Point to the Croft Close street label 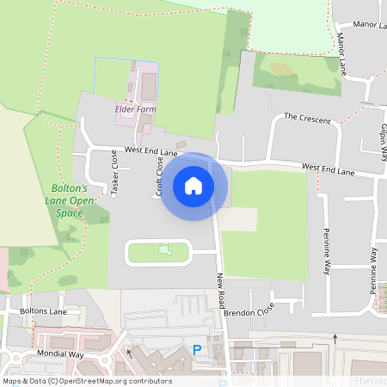pyautogui.click(x=160, y=175)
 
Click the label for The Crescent pyautogui.click(x=307, y=118)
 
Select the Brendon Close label pyautogui.click(x=248, y=310)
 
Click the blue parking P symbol pyautogui.click(x=197, y=350)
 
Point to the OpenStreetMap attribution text pyautogui.click(x=87, y=381)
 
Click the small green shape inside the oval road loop pyautogui.click(x=164, y=250)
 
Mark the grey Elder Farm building pyautogui.click(x=149, y=87)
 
